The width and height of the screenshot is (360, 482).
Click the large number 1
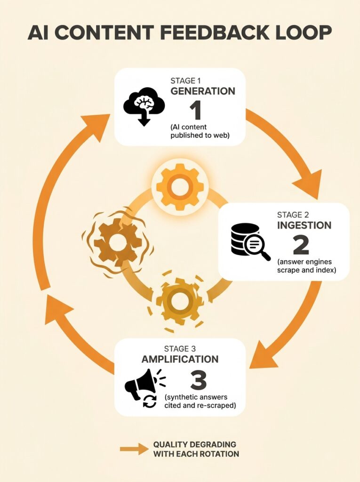(195, 111)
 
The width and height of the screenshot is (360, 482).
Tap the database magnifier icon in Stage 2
(250, 241)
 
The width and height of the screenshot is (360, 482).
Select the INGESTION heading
(304, 225)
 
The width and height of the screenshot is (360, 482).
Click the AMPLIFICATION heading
(180, 359)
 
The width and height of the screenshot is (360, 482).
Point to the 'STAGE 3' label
(180, 349)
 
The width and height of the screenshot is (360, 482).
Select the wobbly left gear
(118, 241)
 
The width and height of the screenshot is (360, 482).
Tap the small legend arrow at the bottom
(134, 449)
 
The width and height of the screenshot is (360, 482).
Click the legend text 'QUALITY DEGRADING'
(195, 444)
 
